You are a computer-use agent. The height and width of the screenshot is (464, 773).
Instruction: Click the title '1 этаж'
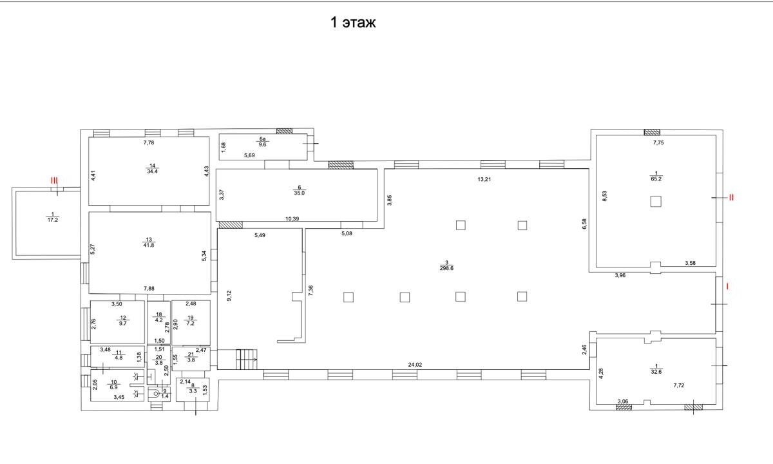coord(353,23)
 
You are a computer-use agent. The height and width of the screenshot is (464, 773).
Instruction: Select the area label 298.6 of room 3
coord(446,268)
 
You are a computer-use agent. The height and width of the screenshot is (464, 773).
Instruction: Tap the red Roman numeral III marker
coord(55,180)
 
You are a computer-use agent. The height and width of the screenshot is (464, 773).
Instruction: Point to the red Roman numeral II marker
coord(731,197)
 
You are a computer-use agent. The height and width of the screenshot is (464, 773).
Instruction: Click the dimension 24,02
coord(415,365)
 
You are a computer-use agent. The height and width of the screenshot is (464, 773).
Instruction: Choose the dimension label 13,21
coord(484,179)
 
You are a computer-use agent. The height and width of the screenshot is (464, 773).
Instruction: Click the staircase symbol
coord(247,359)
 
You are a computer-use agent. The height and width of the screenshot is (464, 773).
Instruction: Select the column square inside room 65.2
coord(656,201)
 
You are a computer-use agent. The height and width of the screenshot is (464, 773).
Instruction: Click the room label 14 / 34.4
coord(152,168)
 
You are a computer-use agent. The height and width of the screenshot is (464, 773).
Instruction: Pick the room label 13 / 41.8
coord(149,242)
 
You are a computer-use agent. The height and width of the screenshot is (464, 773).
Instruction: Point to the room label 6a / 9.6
coord(262,142)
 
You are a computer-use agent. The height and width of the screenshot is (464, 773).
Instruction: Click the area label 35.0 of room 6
coord(299,193)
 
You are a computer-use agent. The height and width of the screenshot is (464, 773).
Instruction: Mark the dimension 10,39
coord(292,218)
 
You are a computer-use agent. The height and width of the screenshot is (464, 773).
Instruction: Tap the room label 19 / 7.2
coord(191,320)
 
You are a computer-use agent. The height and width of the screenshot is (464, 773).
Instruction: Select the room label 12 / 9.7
coord(123,320)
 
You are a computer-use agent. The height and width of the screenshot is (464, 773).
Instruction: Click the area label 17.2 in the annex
coord(52,220)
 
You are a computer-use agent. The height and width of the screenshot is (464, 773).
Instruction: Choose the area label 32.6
coord(656,372)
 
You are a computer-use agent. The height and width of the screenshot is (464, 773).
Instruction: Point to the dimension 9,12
coord(229,296)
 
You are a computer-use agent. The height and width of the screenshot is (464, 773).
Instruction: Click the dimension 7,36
coord(311,291)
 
